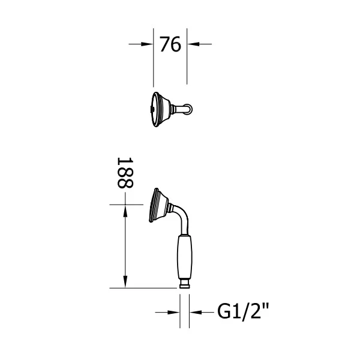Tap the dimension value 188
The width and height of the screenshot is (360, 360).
pyautogui.click(x=124, y=173)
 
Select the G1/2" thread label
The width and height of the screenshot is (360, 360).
pyautogui.click(x=243, y=312)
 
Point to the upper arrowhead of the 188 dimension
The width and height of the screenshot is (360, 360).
pyautogui.click(x=125, y=210)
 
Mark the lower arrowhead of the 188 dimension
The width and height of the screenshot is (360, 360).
pyautogui.click(x=125, y=282)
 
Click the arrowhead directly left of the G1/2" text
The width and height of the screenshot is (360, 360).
pyautogui.click(x=195, y=312)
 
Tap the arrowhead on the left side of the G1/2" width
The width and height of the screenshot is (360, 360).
pyautogui.click(x=176, y=312)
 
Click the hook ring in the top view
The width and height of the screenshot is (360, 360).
pyautogui.click(x=189, y=109)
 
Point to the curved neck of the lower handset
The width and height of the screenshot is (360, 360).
pyautogui.click(x=183, y=219)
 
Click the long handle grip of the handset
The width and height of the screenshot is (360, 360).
pyautogui.click(x=185, y=257)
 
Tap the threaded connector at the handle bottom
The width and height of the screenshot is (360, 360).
pyautogui.click(x=185, y=284)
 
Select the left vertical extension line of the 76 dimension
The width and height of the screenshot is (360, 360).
pyautogui.click(x=154, y=60)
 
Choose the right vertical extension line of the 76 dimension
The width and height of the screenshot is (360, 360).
pyautogui.click(x=187, y=60)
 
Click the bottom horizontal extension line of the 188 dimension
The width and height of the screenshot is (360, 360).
pyautogui.click(x=144, y=288)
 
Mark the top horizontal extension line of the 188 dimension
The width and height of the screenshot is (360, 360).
pyautogui.click(x=129, y=205)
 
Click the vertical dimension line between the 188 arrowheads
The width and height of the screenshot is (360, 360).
pyautogui.click(x=125, y=246)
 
